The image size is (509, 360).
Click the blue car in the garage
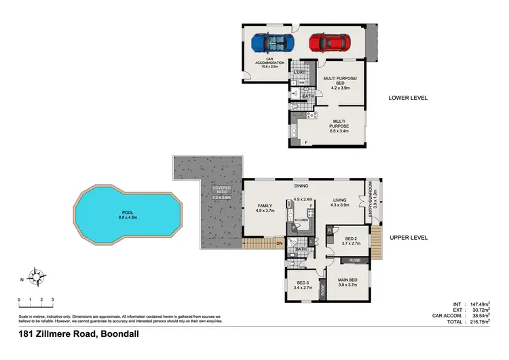tap(271, 43)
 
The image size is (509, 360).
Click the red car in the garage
tap(328, 43)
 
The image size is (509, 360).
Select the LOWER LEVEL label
tap(408, 98)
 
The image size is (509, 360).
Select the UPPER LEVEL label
tap(408, 238)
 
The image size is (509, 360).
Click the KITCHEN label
tap(301, 220)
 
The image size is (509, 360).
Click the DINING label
tap(301, 185)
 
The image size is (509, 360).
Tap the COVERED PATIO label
tap(221, 190)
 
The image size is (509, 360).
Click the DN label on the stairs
tap(279, 243)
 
